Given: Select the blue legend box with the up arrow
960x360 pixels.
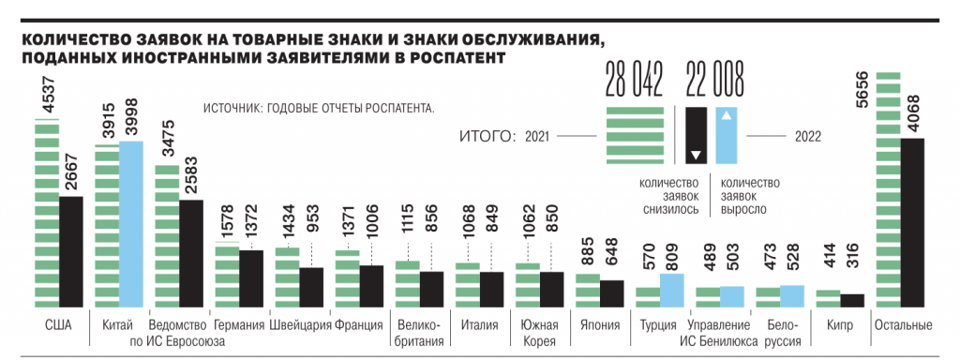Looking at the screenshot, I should pyautogui.click(x=727, y=137).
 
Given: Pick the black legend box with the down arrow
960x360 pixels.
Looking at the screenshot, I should pyautogui.click(x=696, y=137).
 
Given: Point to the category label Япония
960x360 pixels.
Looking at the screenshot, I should pyautogui.click(x=599, y=325).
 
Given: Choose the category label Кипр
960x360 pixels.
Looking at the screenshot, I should pyautogui.click(x=839, y=325).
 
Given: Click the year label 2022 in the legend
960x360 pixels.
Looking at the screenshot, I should pyautogui.click(x=807, y=136).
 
